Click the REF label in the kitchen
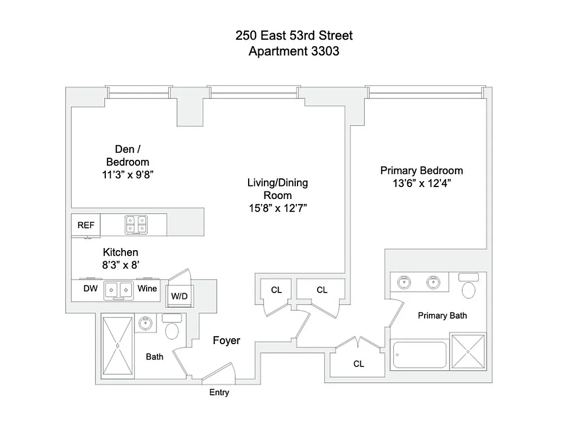coord(86,225)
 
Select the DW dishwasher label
coord(90,289)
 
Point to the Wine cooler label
coord(147,289)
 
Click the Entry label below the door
coord(219,392)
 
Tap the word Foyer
coord(226,341)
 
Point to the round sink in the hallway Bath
coord(146,324)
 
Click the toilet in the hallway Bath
coord(172,327)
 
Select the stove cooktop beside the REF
coord(136,224)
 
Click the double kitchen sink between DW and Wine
coord(119,289)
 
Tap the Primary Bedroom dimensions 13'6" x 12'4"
coord(421,183)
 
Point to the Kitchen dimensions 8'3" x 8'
coord(121,265)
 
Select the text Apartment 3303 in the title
coord(294,52)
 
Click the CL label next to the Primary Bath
coord(358,364)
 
